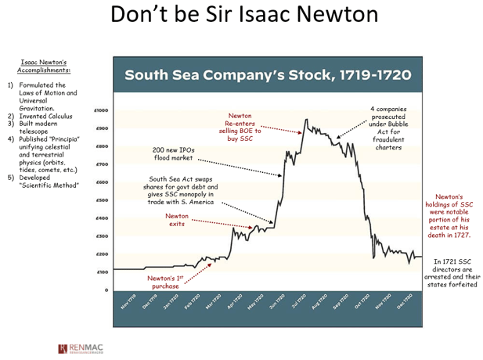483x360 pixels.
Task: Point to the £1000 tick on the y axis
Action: pyautogui.click(x=102, y=110)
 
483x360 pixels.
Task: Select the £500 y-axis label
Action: pyautogui.click(x=103, y=200)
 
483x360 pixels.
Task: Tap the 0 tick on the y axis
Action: pyautogui.click(x=106, y=290)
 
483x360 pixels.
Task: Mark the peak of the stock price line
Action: pyautogui.click(x=306, y=119)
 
